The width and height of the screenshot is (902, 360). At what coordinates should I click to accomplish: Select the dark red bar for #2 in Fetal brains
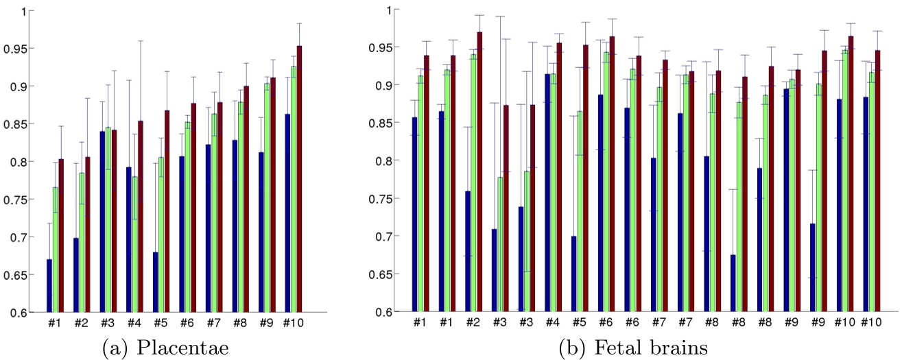479,171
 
